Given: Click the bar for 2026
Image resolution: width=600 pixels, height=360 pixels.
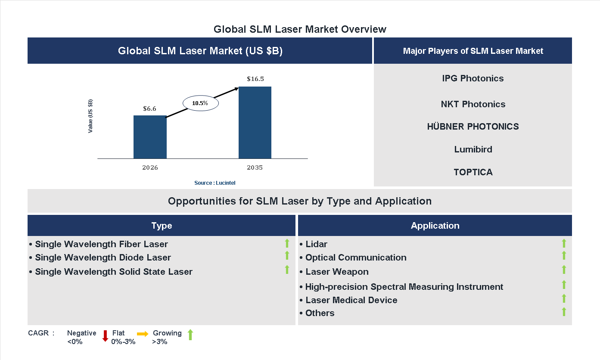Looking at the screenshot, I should coord(150,137).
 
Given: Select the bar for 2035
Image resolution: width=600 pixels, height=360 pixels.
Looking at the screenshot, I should coord(255,123).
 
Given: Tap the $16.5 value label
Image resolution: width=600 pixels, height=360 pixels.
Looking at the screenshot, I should coord(255,79).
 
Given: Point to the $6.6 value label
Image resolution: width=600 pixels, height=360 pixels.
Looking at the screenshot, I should coord(149,109).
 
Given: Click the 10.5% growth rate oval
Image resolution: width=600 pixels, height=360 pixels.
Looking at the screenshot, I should coord(201,103).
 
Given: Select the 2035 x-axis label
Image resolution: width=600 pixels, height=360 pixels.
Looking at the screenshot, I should coord(255,168).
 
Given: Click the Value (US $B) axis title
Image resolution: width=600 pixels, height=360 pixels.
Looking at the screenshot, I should coord(90,116).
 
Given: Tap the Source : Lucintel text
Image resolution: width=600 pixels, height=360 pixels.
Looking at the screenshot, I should coord(215,183).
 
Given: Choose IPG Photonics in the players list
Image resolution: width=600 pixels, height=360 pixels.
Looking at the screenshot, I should coord(473,78).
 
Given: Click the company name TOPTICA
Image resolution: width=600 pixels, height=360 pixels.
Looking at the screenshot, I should coord(473,172).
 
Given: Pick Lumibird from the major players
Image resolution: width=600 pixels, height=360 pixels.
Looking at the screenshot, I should coord(473,149).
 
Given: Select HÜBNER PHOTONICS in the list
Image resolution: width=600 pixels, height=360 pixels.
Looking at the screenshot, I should coord(473,127).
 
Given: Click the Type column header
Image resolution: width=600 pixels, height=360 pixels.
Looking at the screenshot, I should coord(162,226).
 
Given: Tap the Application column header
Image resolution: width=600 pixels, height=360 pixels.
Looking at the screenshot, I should coord(435,226).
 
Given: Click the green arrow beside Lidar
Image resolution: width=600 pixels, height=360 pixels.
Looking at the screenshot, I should coord(563,244).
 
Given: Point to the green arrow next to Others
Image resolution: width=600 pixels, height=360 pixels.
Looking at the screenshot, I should coord(563,312).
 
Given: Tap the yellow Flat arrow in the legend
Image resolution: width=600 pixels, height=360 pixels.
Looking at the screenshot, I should coord(143,334).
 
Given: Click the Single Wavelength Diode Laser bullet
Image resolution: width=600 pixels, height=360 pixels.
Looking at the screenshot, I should coord(103,258).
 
